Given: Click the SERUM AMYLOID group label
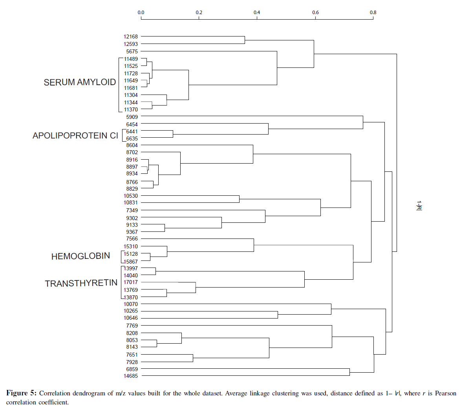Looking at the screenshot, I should [x=80, y=82].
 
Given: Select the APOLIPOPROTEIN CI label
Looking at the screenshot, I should [x=75, y=136].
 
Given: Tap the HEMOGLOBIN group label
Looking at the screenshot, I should [x=80, y=257].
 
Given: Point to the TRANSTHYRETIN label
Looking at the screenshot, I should [x=81, y=284].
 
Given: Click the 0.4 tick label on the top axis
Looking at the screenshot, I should [x=257, y=13].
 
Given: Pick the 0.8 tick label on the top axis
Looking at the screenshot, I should [x=373, y=13].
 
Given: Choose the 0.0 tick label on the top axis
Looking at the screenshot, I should [x=141, y=13].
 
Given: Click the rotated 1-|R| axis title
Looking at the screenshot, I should [x=419, y=205].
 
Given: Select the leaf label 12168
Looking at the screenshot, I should [x=131, y=37].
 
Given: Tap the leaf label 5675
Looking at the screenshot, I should [x=132, y=51].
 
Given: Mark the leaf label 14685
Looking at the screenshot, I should [x=131, y=376].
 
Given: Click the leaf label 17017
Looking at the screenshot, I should [x=131, y=282].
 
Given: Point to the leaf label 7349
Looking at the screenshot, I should [x=132, y=210].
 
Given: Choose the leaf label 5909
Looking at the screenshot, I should [x=132, y=117].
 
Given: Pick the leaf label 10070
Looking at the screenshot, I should [x=131, y=304].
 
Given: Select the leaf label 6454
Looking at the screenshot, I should [x=132, y=124].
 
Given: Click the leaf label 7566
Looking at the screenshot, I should [x=132, y=239].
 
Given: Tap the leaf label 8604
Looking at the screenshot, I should [x=132, y=146].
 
